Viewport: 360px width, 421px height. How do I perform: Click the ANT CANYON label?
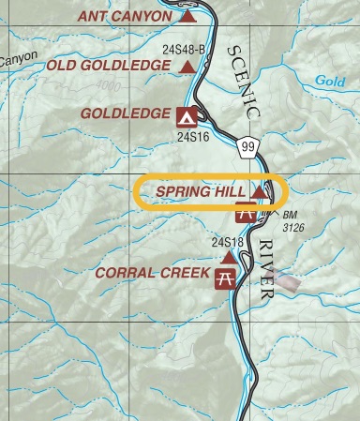[126, 16]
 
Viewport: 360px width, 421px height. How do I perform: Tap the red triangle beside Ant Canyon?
[188, 16]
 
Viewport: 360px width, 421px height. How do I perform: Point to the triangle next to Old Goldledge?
[187, 66]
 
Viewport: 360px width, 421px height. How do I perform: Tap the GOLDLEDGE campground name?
[126, 115]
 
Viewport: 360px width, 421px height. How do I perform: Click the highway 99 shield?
[247, 147]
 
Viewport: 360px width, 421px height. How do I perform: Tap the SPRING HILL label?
[200, 191]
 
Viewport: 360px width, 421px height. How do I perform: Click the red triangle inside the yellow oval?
[260, 191]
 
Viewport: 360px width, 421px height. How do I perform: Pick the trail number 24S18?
[228, 243]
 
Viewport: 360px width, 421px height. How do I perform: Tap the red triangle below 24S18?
[228, 256]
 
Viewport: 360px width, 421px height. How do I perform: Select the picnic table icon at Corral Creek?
[225, 278]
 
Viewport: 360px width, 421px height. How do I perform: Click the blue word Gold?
[330, 82]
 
